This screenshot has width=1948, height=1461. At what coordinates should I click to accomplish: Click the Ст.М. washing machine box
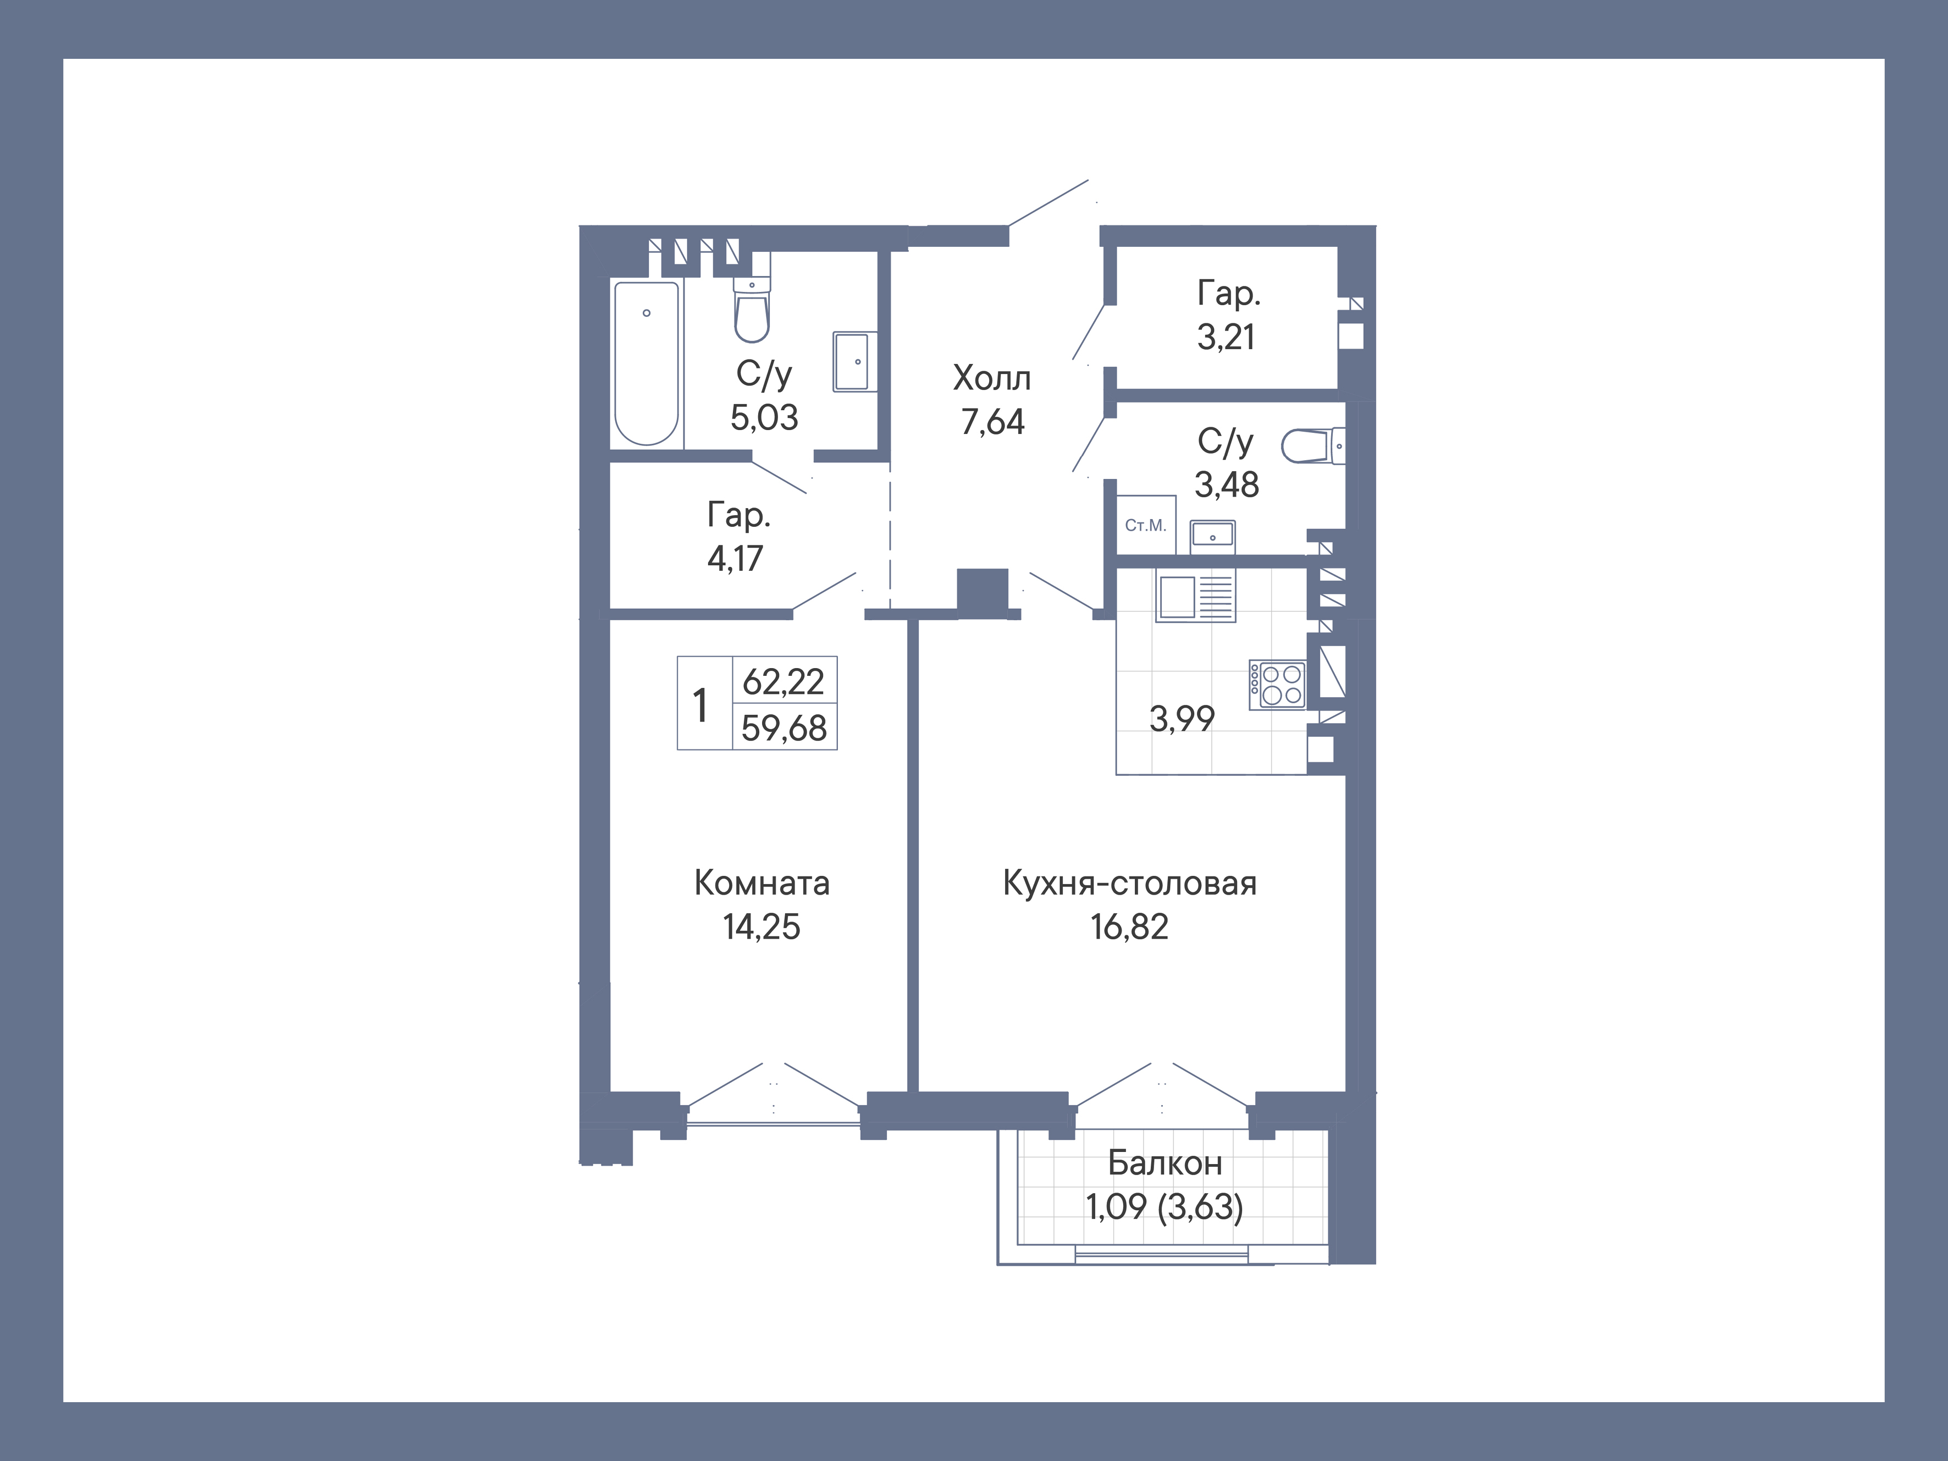click(x=1146, y=525)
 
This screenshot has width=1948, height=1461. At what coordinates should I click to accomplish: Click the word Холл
click(x=992, y=379)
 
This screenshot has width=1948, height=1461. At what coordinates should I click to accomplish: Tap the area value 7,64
click(x=992, y=422)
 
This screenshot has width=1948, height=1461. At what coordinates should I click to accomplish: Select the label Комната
click(x=761, y=883)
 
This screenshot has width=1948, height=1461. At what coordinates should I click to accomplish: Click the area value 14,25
click(x=761, y=927)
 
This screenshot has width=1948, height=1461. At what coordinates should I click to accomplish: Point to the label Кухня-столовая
click(x=1129, y=883)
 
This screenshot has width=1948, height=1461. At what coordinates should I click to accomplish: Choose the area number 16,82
click(x=1129, y=927)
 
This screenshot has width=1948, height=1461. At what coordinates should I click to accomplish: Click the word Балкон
click(x=1164, y=1164)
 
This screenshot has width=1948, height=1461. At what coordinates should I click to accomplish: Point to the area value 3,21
click(x=1226, y=337)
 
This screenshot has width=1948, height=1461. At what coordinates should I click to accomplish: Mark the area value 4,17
click(x=735, y=558)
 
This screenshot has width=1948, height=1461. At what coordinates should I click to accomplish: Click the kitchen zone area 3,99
click(x=1182, y=719)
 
